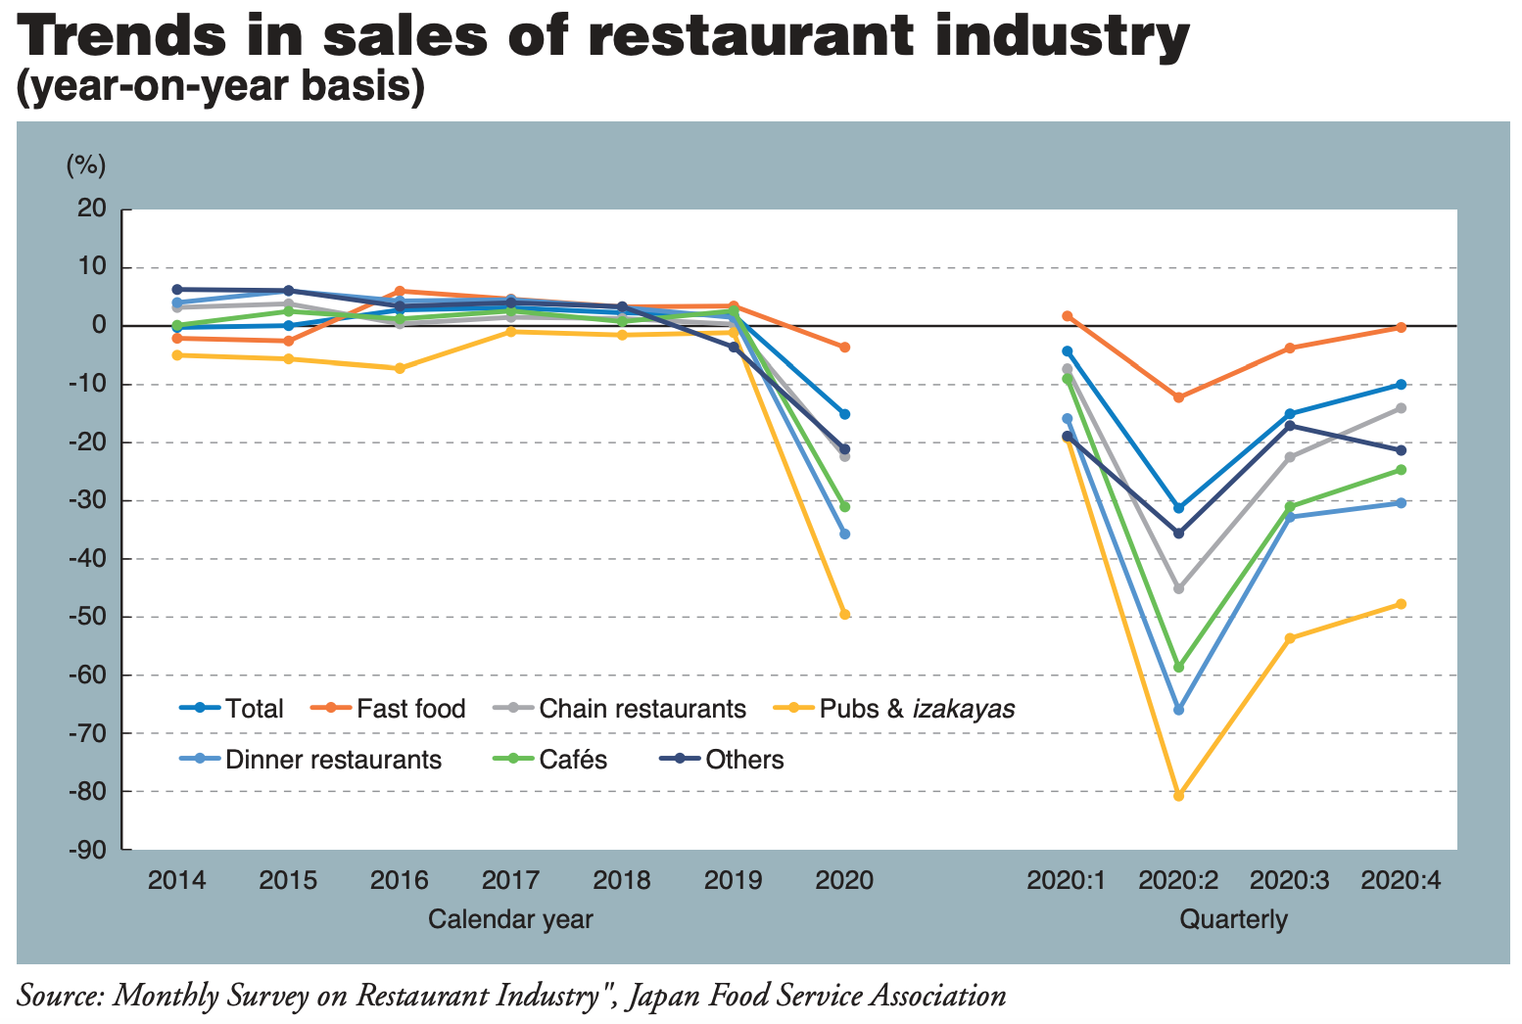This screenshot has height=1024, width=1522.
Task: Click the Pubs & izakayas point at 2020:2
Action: (x=1178, y=796)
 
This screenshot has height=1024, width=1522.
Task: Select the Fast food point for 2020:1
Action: (x=1068, y=316)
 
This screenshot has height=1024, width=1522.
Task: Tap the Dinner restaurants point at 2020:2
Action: (x=1178, y=710)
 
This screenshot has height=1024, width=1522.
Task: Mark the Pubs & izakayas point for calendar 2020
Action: (x=844, y=615)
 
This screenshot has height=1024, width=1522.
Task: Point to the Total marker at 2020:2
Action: (x=1178, y=508)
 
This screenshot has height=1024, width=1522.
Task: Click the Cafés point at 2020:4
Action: (x=1401, y=470)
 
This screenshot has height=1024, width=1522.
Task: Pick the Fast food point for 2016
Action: (x=400, y=292)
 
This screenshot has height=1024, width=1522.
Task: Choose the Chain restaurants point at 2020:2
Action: (x=1178, y=588)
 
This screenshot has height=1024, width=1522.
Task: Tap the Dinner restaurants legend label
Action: (x=333, y=760)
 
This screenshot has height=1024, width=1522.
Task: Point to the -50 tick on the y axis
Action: (x=87, y=617)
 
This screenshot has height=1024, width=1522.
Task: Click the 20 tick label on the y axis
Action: (x=92, y=209)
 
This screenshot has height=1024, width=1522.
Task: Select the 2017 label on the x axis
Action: (x=510, y=879)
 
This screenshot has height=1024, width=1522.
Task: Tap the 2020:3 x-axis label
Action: (x=1289, y=879)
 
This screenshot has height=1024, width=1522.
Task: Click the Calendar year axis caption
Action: (x=510, y=919)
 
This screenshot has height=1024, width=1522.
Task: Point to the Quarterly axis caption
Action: (x=1233, y=919)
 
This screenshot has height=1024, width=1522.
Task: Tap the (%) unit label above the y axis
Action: (x=85, y=165)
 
